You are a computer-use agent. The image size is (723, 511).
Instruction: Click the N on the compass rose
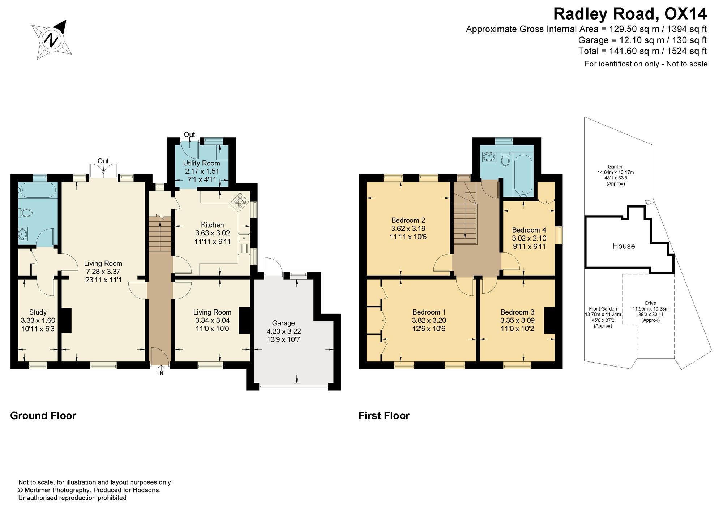click(x=52, y=39)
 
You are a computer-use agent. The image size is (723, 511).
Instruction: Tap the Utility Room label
click(x=201, y=163)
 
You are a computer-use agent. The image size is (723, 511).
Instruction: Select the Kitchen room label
click(x=213, y=225)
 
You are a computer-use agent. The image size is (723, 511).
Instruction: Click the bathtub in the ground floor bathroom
click(x=38, y=190)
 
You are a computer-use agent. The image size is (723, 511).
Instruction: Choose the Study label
click(x=38, y=312)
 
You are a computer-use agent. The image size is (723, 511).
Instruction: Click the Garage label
click(x=283, y=323)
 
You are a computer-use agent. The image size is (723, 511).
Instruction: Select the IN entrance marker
click(x=161, y=373)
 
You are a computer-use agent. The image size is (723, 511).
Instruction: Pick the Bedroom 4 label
click(x=529, y=230)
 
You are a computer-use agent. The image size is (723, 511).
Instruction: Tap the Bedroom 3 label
click(x=517, y=312)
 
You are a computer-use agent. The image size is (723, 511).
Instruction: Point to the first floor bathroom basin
click(x=489, y=157)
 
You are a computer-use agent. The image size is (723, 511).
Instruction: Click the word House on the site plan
click(x=624, y=246)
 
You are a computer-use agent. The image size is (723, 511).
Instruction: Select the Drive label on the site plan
click(x=650, y=303)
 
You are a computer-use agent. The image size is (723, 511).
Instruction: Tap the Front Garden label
click(x=603, y=309)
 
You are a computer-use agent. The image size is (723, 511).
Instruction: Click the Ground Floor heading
click(x=43, y=416)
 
